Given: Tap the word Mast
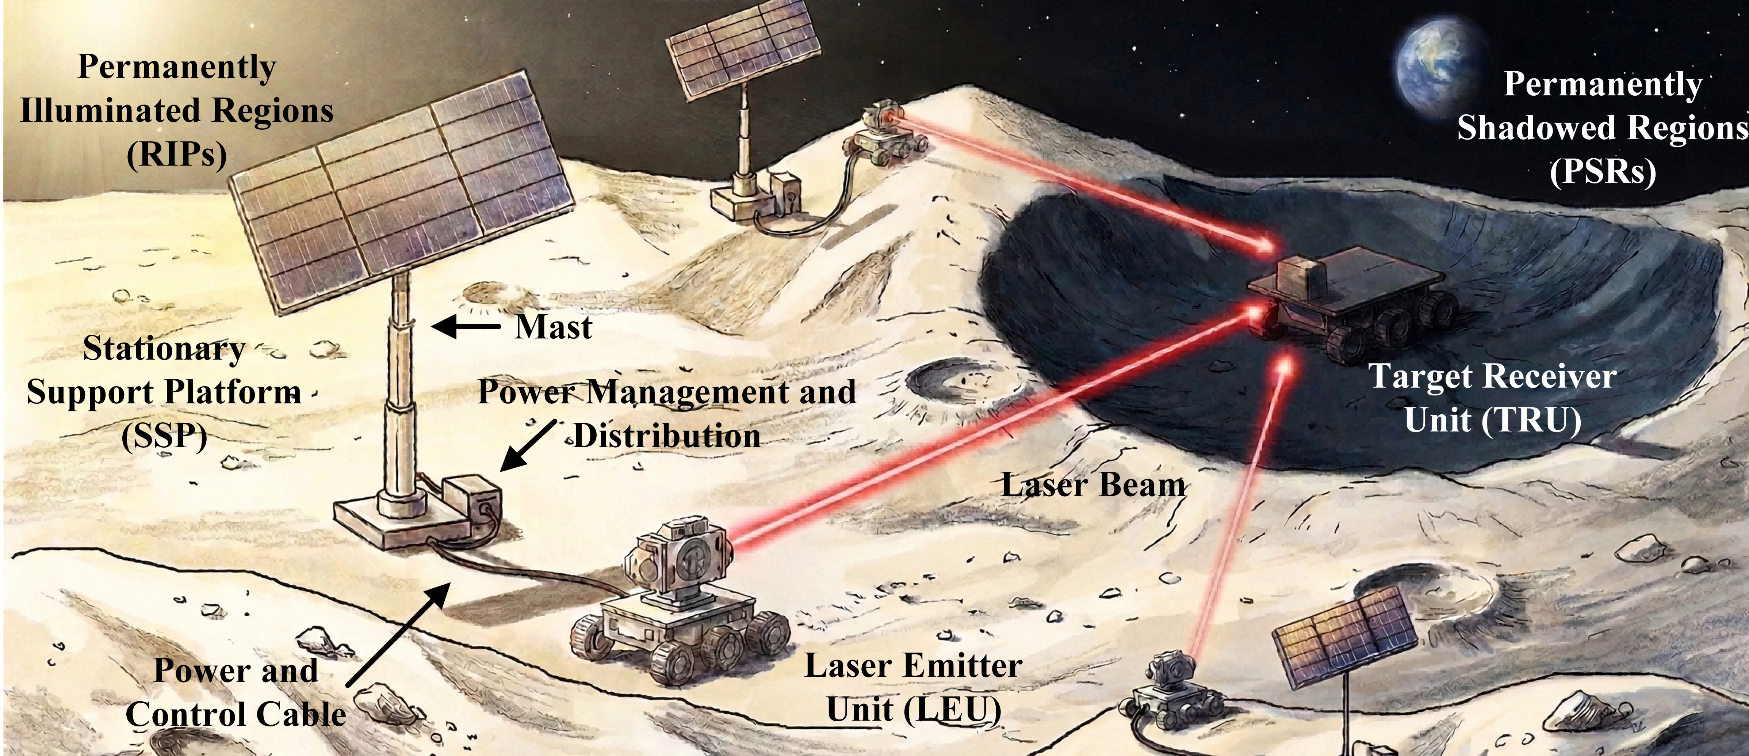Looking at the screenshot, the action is click(x=553, y=327).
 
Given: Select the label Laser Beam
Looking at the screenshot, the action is click(x=1094, y=485).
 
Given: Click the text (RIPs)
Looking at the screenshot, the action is click(x=176, y=154).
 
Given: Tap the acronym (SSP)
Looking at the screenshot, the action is click(x=164, y=436).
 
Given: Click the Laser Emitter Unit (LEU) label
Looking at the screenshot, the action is click(x=913, y=687).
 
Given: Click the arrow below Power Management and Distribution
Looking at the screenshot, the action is click(x=528, y=445).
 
